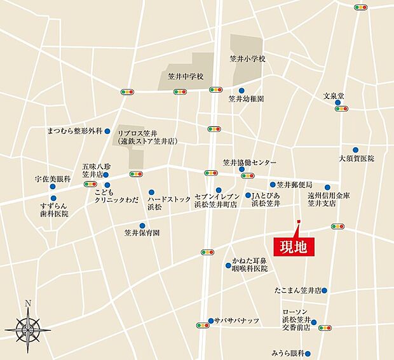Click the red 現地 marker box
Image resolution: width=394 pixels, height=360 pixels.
[293, 246]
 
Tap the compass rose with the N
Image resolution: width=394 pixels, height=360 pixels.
[28, 326]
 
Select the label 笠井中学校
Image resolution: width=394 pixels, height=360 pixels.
[181, 76]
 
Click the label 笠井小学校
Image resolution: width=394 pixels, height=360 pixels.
[247, 58]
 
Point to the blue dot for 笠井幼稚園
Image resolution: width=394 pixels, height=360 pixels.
[231, 99]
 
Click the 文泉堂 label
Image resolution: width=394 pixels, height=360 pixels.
[333, 96]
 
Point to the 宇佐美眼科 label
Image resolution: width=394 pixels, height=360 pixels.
[52, 180]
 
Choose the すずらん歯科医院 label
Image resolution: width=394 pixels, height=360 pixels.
[53, 210]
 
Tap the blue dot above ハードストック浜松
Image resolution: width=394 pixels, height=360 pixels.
[151, 192]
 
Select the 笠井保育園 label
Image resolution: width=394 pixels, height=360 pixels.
[142, 233]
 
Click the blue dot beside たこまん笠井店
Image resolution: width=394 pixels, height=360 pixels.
[324, 291]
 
